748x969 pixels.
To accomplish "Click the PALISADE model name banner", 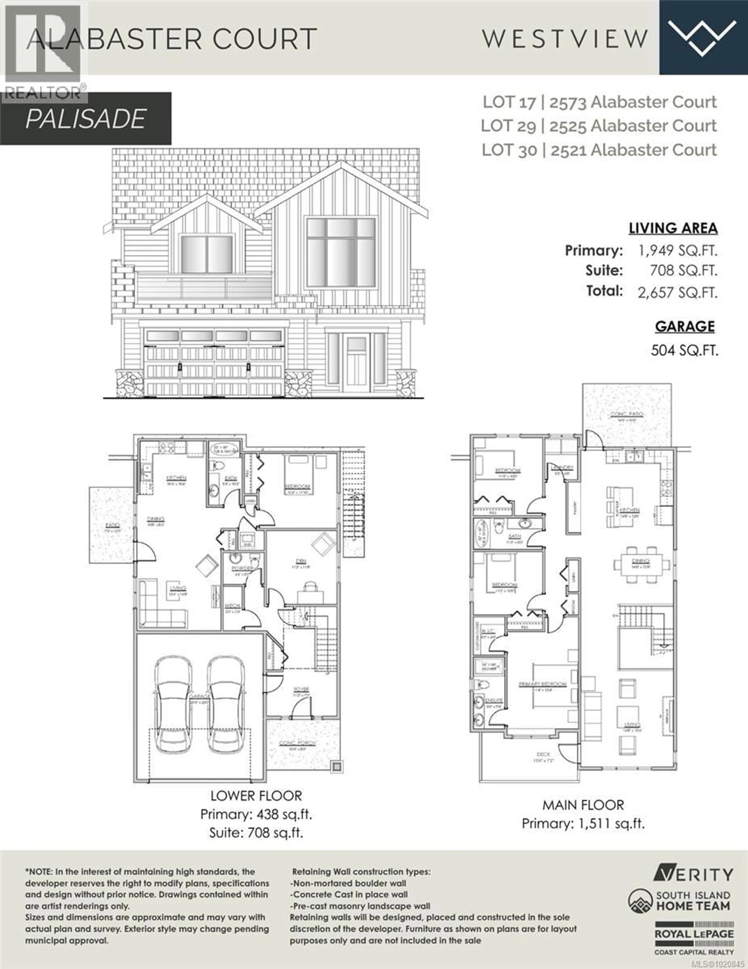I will coord(86,119).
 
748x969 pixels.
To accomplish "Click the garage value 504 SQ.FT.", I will coord(684,350).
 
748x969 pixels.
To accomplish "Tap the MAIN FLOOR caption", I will coord(583,805).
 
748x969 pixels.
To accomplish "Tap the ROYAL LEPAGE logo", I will coord(694,934).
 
